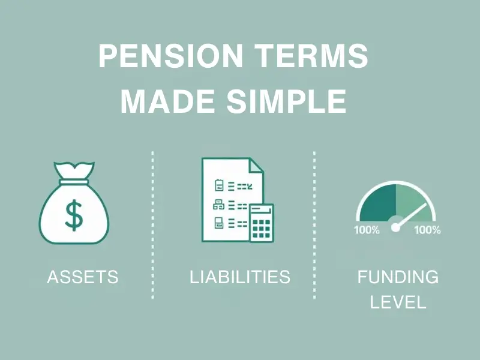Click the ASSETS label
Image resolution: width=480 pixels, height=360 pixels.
83,277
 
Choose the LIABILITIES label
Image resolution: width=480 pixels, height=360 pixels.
240,277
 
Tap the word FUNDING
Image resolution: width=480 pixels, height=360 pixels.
398,277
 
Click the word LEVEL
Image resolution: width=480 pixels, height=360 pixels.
398,302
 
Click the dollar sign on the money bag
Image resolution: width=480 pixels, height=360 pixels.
74,215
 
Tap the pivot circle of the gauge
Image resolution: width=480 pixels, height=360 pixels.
395,227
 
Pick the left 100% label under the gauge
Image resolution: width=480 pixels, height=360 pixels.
367,230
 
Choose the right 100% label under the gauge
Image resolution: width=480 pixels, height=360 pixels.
427,230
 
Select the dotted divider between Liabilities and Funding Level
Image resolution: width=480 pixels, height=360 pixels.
314,225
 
